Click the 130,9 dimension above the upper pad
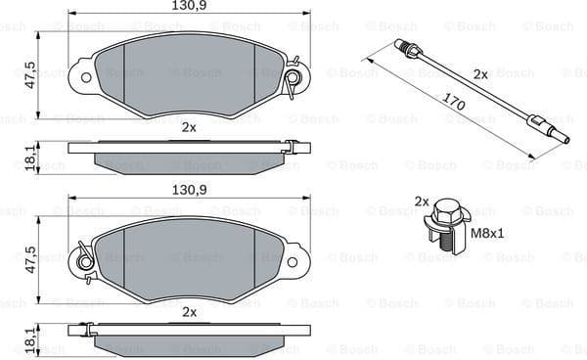(x=189, y=7)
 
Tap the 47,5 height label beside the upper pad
(x=30, y=75)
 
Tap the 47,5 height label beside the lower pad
(x=30, y=259)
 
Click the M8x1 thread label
(x=489, y=235)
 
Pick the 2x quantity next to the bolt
(x=422, y=202)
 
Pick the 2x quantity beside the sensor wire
(x=480, y=73)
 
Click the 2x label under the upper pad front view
(x=189, y=127)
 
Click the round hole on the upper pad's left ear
(x=85, y=75)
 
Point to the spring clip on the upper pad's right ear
(x=292, y=78)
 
